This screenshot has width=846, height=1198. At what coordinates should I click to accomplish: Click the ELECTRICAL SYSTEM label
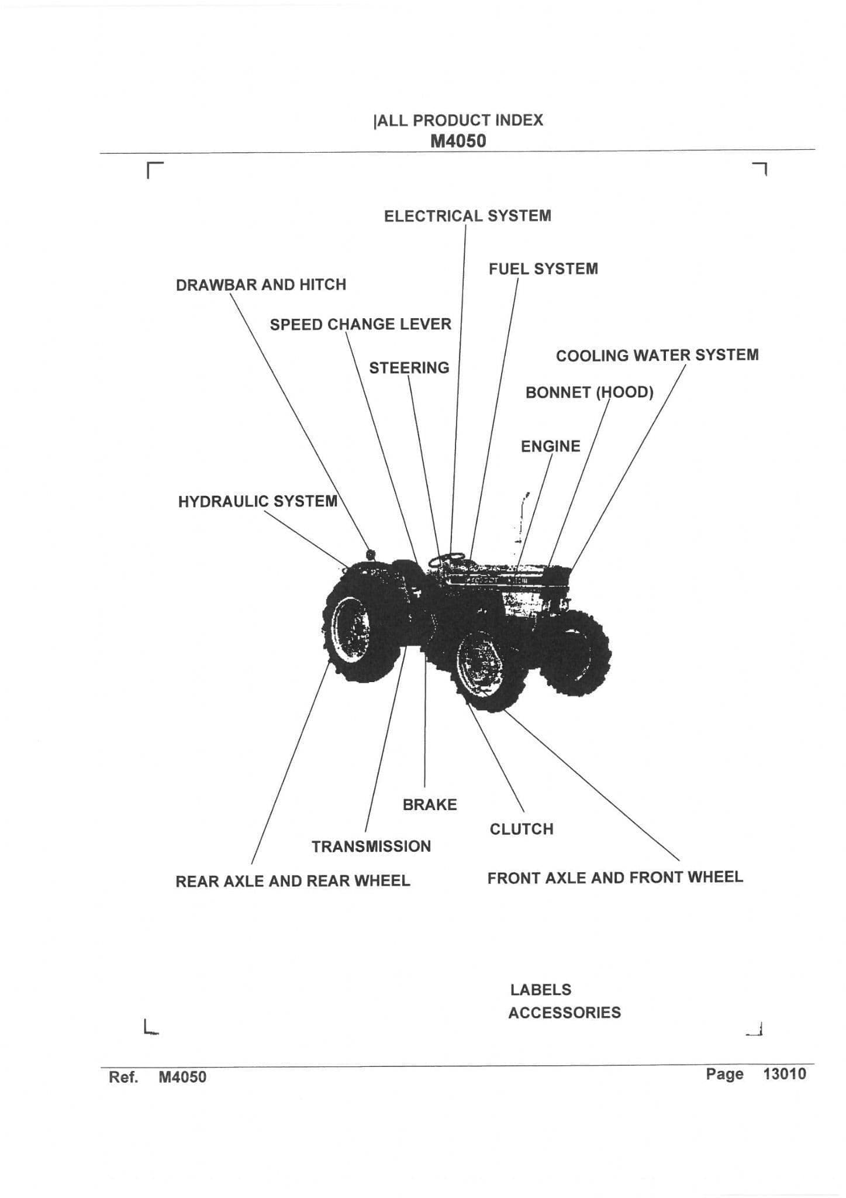point(467,216)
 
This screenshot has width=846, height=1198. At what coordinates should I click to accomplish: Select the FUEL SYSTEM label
point(543,269)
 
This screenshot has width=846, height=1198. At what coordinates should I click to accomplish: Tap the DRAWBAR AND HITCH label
point(261,285)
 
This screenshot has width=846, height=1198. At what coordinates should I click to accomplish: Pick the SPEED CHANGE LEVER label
point(360,324)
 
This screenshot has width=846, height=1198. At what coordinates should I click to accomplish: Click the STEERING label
point(409,368)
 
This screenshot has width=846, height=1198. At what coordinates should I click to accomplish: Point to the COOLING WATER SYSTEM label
point(657,355)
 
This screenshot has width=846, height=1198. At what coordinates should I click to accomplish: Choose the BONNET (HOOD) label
point(589,392)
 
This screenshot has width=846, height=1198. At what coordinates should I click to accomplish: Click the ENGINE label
point(551,446)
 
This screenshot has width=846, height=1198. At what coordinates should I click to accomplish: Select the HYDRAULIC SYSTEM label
point(258,501)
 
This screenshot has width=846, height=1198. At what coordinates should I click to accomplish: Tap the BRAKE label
point(430,805)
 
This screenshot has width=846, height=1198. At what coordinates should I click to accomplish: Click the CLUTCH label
point(522,829)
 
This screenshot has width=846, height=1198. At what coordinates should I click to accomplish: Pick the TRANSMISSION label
point(371,846)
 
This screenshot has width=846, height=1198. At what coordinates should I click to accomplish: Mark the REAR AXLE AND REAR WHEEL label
point(293,882)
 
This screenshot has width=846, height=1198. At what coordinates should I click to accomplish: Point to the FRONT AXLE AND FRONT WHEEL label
point(615,877)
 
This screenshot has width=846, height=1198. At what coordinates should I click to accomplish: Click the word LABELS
point(541,990)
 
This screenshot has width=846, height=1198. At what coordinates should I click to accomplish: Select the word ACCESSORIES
point(564,1013)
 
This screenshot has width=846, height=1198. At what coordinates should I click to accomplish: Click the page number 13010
point(784,1074)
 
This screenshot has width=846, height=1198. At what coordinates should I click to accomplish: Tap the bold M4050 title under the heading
point(458,141)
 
